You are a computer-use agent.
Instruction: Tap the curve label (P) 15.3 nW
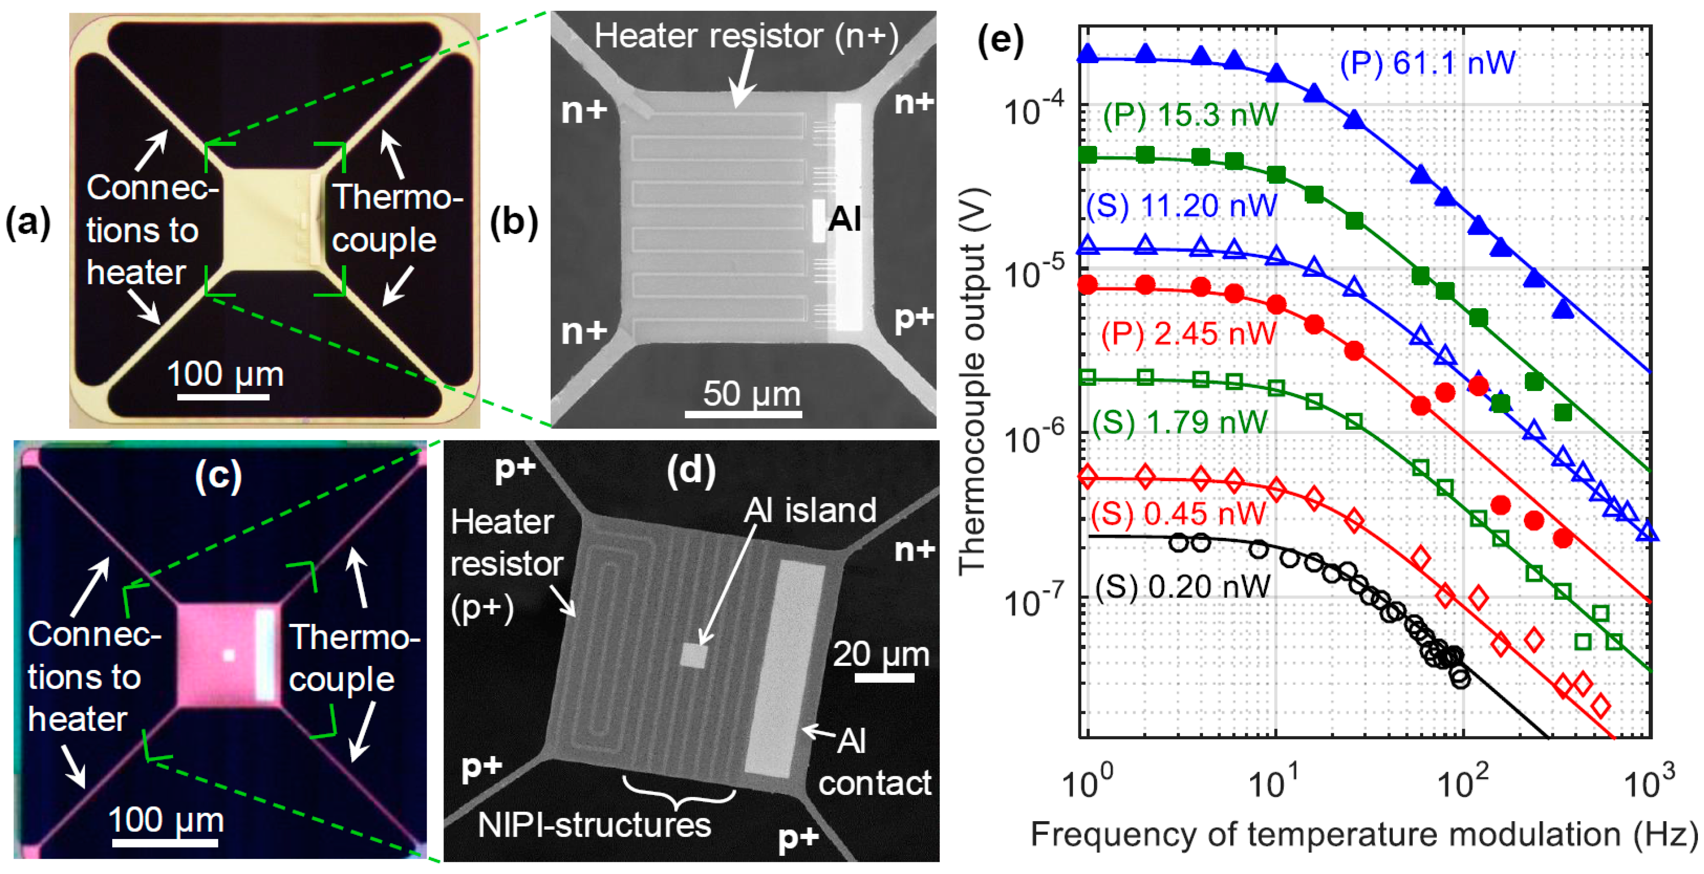tap(1191, 116)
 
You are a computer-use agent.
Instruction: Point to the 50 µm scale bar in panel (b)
tap(743, 414)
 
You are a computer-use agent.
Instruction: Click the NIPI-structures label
tap(594, 825)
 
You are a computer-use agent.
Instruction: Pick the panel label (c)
tap(218, 475)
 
